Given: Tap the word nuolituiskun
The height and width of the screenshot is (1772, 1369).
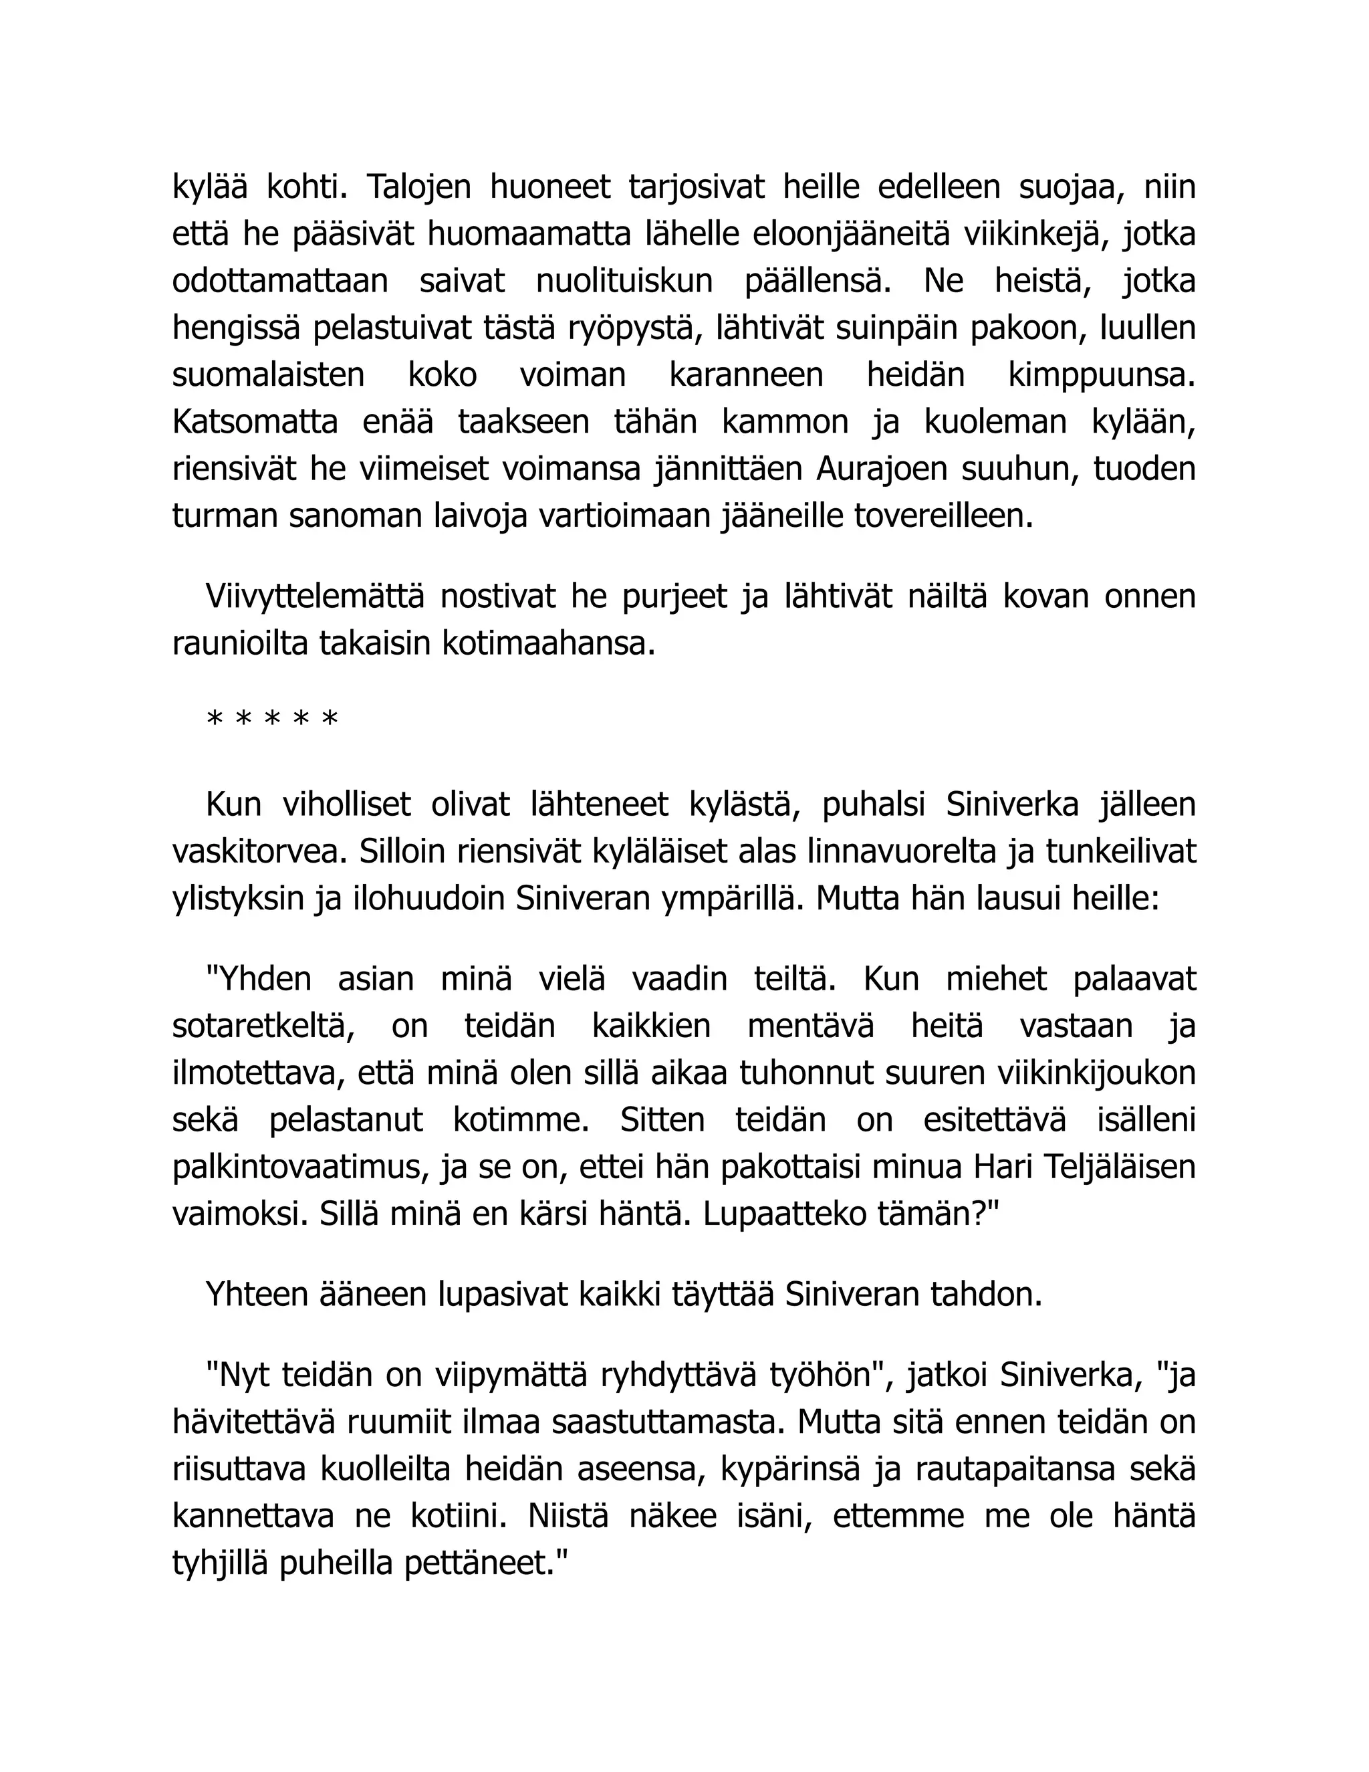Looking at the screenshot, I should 624,281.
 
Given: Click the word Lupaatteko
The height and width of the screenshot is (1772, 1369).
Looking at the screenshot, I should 791,1214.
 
